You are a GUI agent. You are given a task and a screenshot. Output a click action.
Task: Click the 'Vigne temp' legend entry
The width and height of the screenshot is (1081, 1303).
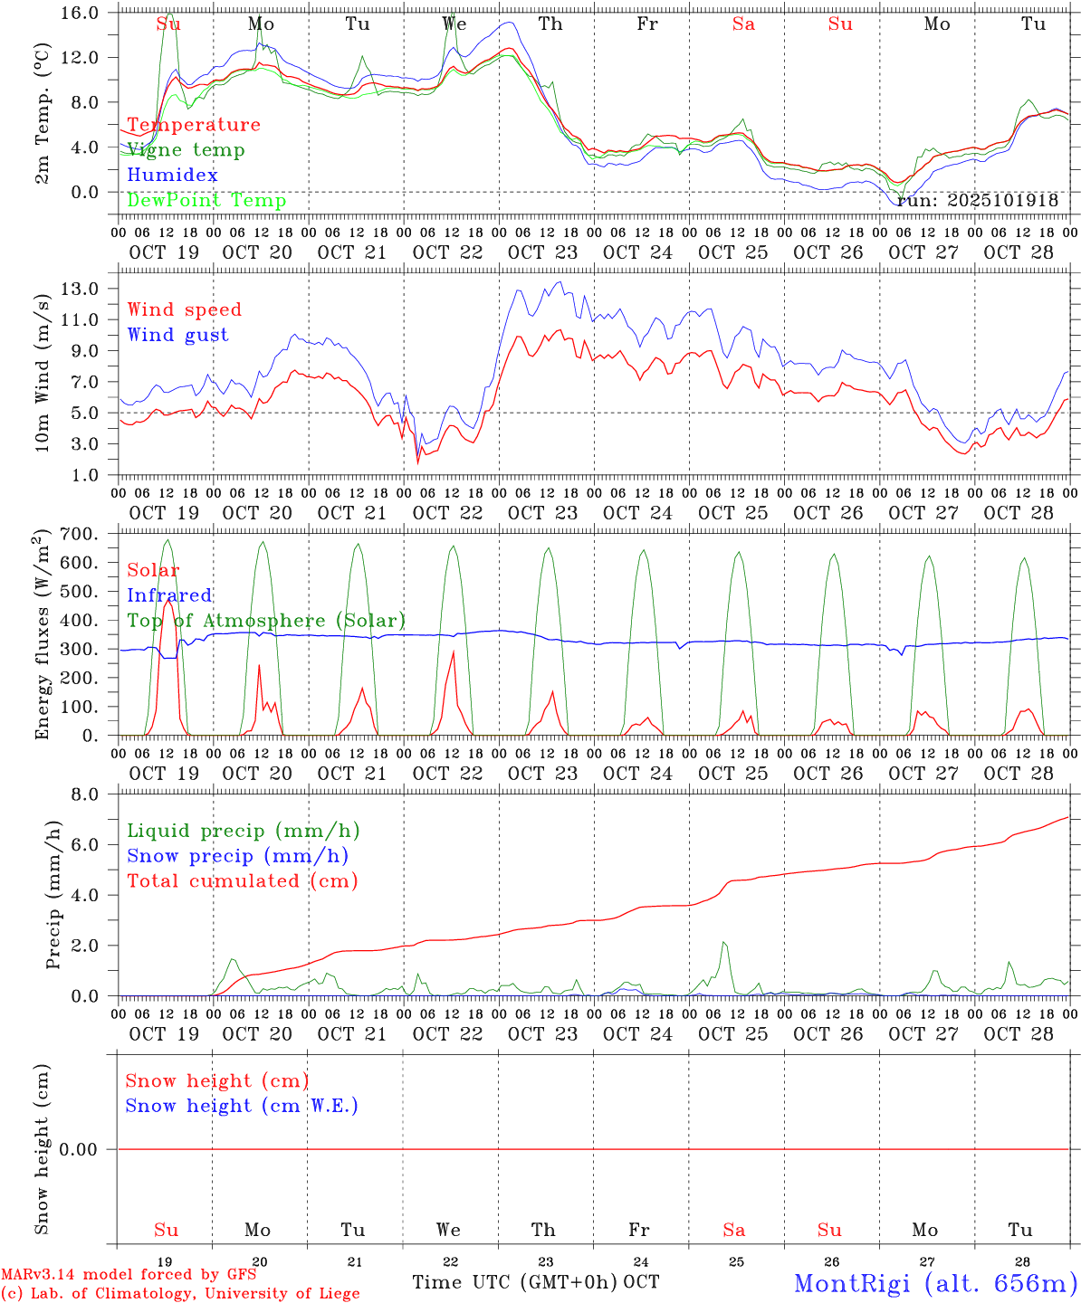[x=186, y=150]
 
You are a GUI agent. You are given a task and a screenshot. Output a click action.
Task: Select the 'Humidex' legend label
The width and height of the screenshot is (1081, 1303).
[x=172, y=176]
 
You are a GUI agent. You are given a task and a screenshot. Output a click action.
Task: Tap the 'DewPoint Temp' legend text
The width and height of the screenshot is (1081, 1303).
[x=206, y=201]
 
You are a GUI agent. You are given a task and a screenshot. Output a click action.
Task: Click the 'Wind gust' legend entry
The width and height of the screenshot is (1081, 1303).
[x=177, y=335]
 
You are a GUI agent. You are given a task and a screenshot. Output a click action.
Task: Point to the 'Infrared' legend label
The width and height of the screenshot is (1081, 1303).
[x=169, y=595]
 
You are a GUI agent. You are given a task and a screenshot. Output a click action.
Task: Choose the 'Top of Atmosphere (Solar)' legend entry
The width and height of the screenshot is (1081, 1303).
[x=265, y=621]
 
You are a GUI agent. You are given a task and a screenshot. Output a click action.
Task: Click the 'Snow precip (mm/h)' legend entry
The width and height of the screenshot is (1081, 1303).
[x=237, y=856]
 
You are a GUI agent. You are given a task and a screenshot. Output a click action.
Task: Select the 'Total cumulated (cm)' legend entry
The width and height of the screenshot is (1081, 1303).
[x=242, y=881]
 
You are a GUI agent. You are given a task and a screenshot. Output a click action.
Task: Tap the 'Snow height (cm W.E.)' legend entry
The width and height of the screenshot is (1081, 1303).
[x=242, y=1106]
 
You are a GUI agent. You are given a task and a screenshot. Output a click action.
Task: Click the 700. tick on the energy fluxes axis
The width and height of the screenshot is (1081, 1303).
[x=79, y=534]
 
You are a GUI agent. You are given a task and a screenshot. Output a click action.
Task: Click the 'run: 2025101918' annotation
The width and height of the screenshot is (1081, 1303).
[x=978, y=201]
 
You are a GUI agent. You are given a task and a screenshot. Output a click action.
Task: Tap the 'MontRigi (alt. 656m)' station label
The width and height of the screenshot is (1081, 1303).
[x=935, y=1282]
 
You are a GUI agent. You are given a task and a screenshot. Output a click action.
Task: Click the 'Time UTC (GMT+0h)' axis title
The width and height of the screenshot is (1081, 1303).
[x=515, y=1282]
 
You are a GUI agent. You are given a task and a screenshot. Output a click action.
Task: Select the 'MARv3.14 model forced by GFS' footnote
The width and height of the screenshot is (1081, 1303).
[x=129, y=1275]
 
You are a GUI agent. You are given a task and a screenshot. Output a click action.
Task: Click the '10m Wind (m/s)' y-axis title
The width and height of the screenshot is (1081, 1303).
[x=43, y=384]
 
